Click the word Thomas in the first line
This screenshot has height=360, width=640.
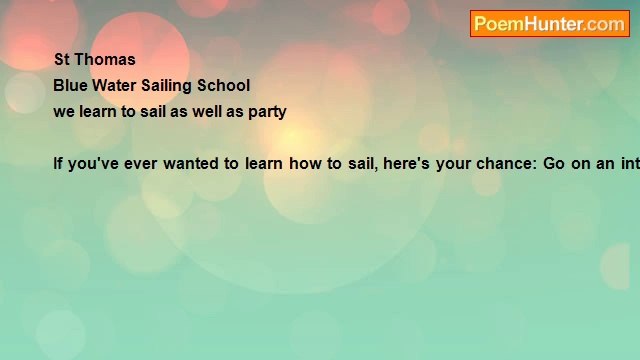[x=105, y=60]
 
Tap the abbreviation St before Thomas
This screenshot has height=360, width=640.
[x=62, y=60]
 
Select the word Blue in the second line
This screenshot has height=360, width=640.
[x=70, y=86]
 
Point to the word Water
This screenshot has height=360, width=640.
[x=114, y=86]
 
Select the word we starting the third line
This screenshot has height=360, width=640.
[x=63, y=112]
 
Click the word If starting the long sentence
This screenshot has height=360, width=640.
[x=58, y=164]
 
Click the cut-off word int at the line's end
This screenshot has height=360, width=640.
[x=630, y=164]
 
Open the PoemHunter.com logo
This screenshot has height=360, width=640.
[x=550, y=24]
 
